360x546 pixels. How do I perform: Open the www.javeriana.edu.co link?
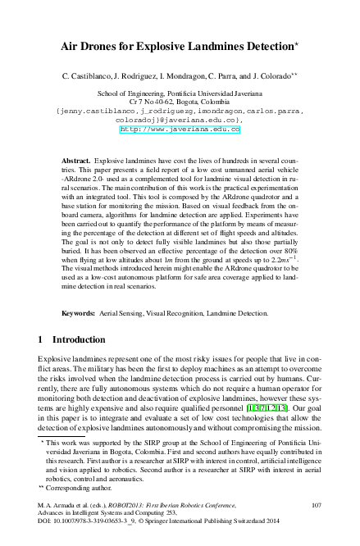(x=180, y=129)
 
